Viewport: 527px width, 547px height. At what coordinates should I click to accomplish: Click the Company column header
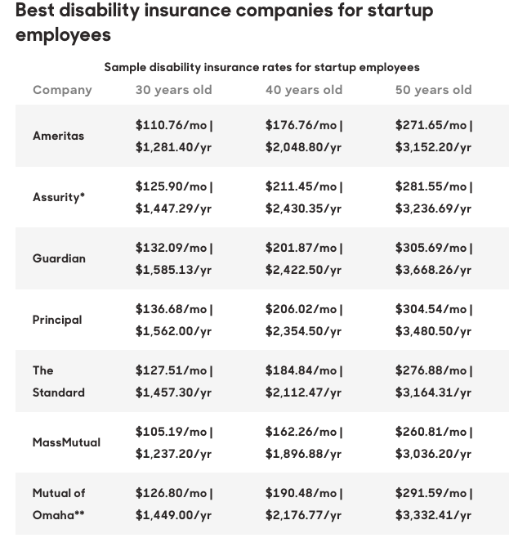[x=62, y=90]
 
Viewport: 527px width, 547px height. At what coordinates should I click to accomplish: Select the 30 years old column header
[x=173, y=90]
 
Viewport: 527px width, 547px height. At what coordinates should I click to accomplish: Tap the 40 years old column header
[x=304, y=90]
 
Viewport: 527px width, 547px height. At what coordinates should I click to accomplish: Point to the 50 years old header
[x=434, y=90]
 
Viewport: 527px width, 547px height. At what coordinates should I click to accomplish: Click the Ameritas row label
[x=59, y=136]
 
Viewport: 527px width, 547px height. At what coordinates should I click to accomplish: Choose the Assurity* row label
[x=59, y=197]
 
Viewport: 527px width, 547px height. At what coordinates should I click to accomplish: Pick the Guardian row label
[x=59, y=258]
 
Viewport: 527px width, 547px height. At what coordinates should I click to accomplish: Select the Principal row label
[x=57, y=320]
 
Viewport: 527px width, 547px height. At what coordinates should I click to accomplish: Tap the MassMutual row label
[x=66, y=442]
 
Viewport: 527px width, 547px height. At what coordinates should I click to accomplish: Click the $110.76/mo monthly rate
[x=171, y=125]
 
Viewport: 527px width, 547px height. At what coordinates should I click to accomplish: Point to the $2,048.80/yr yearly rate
[x=303, y=147]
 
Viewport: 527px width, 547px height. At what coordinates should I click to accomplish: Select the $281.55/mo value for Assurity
[x=431, y=186]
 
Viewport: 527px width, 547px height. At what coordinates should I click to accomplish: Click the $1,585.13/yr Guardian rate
[x=173, y=270]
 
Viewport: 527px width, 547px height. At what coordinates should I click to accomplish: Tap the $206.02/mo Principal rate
[x=301, y=309]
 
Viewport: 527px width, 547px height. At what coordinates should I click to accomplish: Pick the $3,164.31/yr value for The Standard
[x=433, y=392]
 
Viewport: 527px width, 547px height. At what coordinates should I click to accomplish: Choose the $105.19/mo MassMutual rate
[x=171, y=432]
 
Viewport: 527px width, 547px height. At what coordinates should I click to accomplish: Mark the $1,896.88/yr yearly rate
[x=303, y=455]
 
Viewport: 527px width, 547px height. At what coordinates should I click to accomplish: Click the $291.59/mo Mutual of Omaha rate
[x=431, y=493]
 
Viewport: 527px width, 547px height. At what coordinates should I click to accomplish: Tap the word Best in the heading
[x=35, y=10]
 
